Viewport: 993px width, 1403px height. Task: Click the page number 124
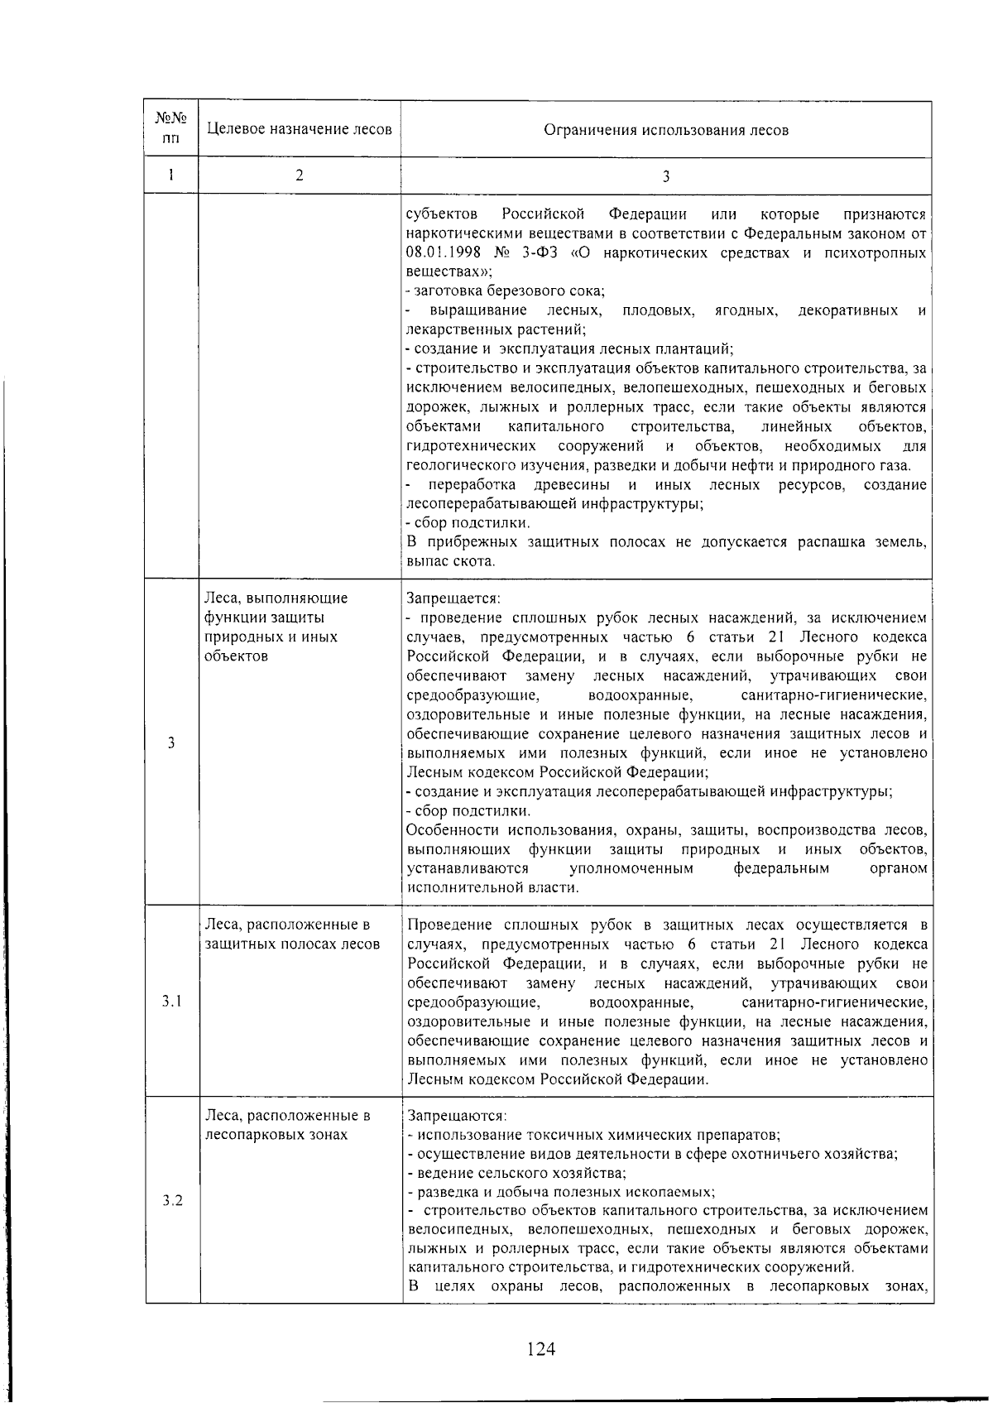tap(540, 1349)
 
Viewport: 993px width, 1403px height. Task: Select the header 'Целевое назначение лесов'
tap(299, 130)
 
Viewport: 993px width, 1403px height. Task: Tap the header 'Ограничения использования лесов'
tap(665, 130)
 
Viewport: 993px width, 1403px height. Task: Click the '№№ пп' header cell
tap(172, 129)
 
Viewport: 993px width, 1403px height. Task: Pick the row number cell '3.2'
tap(172, 1200)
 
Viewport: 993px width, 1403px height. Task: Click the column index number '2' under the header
tap(299, 175)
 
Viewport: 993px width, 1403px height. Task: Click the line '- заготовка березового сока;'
tap(506, 291)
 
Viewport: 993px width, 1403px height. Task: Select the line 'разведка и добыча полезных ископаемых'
tap(562, 1193)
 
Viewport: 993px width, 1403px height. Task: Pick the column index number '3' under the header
tap(665, 175)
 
